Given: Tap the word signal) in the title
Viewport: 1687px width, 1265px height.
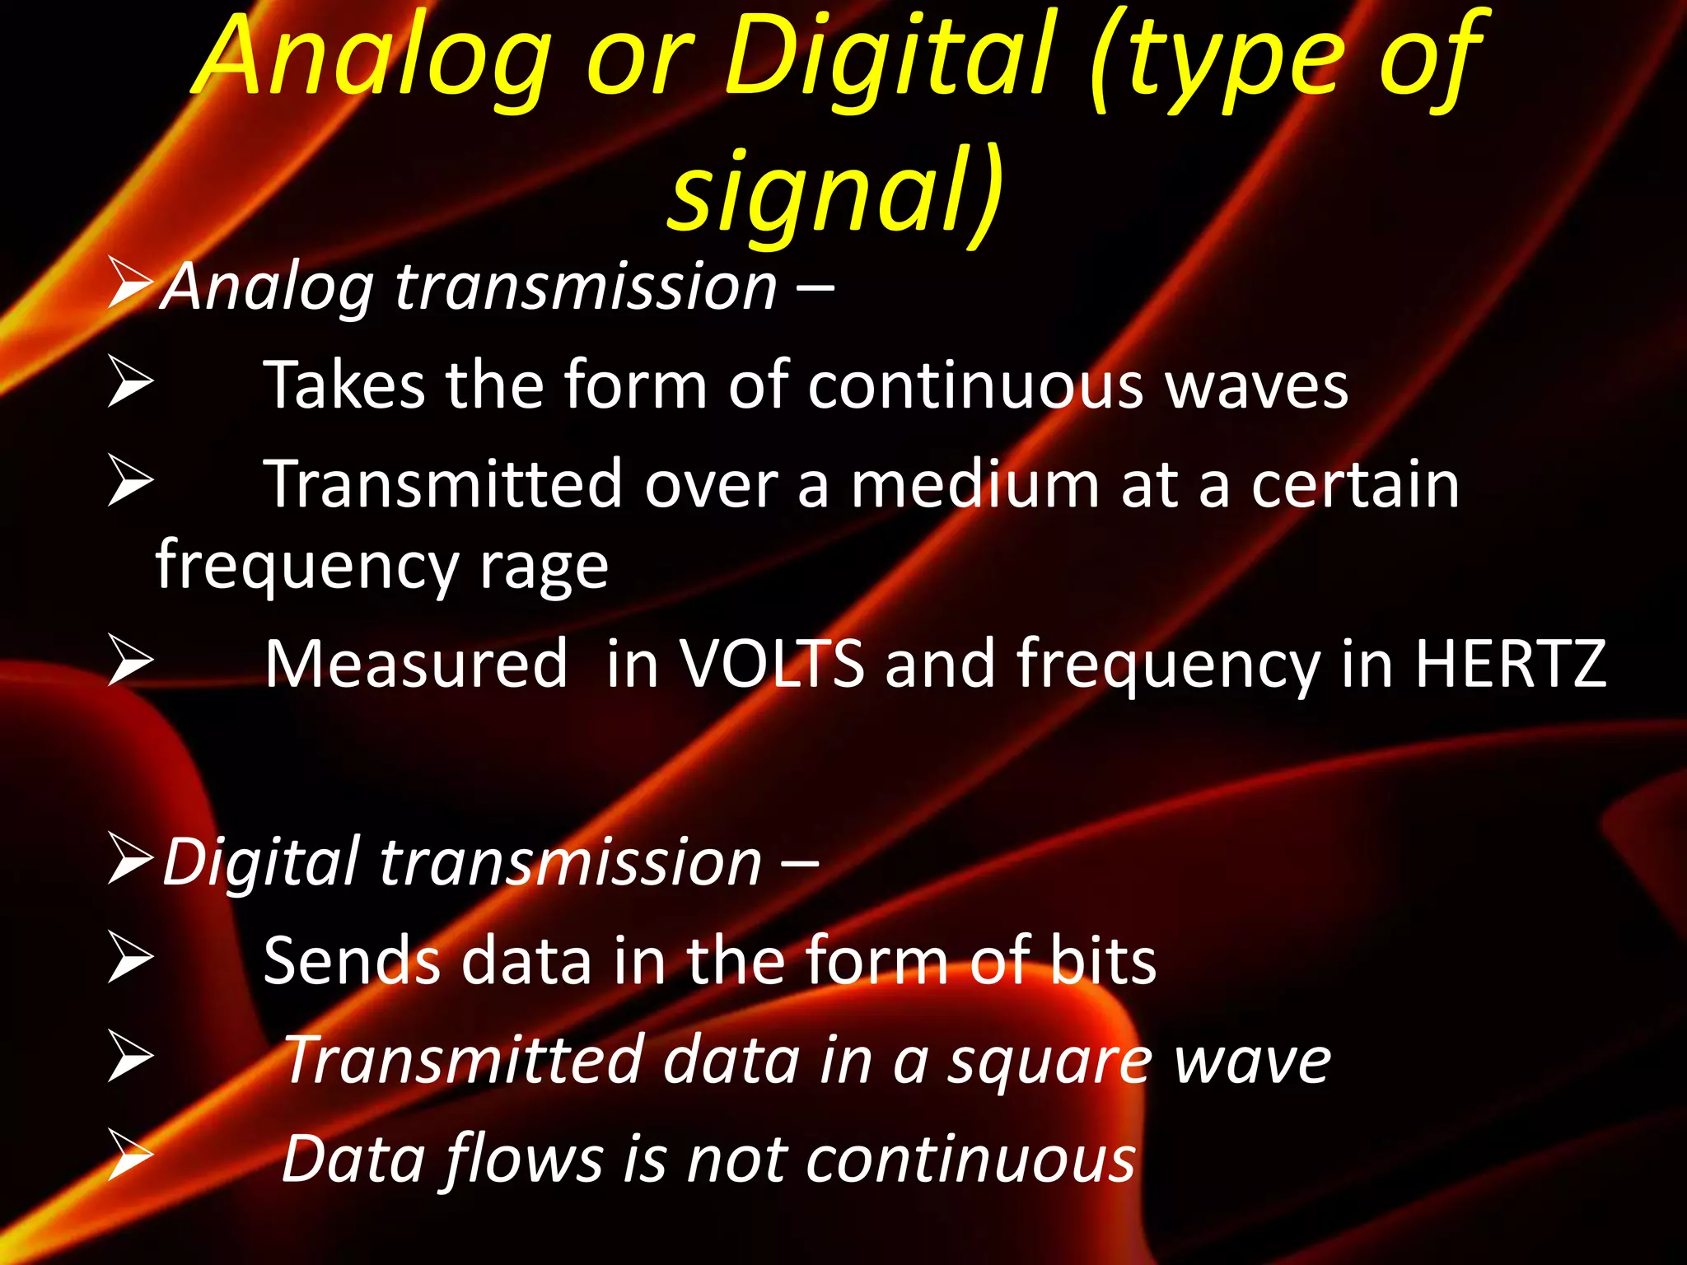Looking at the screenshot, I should coord(835,193).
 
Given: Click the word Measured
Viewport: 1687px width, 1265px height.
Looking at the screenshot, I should coord(416,664).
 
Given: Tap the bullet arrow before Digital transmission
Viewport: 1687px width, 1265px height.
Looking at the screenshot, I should coord(129,860).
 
